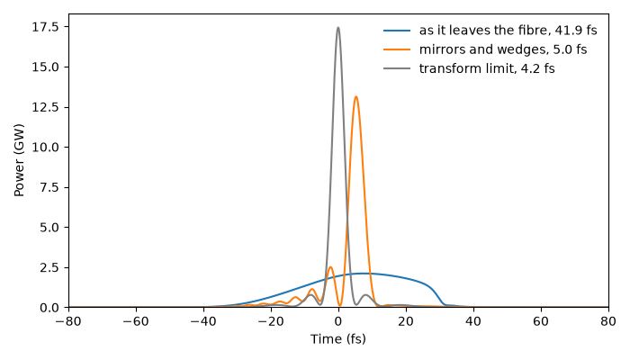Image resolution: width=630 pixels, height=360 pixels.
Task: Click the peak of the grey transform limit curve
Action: click(x=337, y=28)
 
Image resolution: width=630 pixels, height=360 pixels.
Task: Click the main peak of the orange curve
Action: click(x=355, y=97)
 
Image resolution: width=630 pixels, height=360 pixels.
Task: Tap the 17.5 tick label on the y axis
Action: click(x=46, y=27)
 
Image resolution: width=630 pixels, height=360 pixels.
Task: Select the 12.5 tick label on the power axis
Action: click(x=46, y=107)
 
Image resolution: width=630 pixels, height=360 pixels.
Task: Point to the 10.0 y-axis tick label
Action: click(x=46, y=148)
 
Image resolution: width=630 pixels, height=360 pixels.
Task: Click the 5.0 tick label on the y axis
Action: click(x=50, y=228)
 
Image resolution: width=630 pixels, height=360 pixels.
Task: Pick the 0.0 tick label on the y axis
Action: click(x=50, y=308)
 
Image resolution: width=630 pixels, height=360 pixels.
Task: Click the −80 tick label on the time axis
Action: click(x=68, y=321)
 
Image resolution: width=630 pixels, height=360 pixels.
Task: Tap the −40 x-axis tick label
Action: click(x=203, y=321)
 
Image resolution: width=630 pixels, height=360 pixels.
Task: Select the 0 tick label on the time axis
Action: click(x=338, y=321)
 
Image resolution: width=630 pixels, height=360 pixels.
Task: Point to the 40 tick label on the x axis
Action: click(x=473, y=321)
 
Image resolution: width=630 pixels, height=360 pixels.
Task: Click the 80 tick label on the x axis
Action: click(x=608, y=321)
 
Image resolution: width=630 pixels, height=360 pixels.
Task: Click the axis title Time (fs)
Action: click(x=338, y=339)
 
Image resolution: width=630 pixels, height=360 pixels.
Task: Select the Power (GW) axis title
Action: click(x=19, y=160)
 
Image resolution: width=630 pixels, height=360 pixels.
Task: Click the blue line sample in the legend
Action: click(x=397, y=31)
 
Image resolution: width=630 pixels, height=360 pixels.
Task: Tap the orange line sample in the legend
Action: click(x=397, y=49)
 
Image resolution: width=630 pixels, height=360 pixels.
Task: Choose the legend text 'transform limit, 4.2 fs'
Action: click(x=487, y=68)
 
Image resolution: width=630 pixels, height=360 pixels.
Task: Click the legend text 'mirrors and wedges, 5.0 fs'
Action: click(x=503, y=49)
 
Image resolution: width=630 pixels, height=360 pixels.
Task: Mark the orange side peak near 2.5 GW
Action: click(x=330, y=267)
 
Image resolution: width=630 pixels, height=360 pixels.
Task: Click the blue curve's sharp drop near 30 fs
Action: click(x=438, y=295)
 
